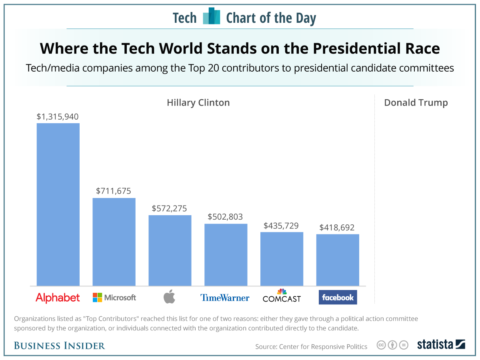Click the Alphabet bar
(x=58, y=204)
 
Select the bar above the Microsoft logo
(x=114, y=242)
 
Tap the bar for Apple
(x=170, y=250)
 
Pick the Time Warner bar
(x=226, y=255)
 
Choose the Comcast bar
(x=282, y=259)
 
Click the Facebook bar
(x=338, y=260)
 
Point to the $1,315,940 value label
(x=58, y=117)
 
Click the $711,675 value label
(x=114, y=191)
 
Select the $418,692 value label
(x=337, y=228)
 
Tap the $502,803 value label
(x=225, y=217)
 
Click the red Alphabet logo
(x=58, y=298)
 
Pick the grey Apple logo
(x=170, y=298)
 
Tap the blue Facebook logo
(x=338, y=298)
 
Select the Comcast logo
(x=282, y=296)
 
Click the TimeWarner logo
(x=225, y=298)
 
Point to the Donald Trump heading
(x=416, y=103)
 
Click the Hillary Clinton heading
(x=198, y=103)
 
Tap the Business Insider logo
(x=60, y=346)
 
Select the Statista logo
(x=441, y=344)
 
